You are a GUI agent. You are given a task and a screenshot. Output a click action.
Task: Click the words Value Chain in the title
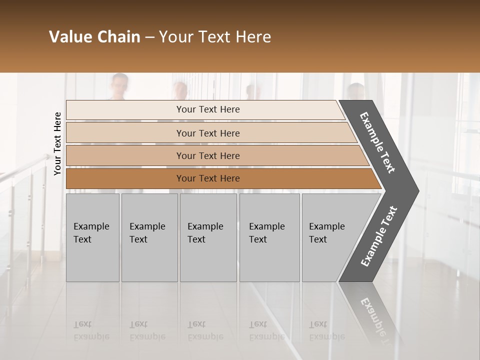(x=94, y=37)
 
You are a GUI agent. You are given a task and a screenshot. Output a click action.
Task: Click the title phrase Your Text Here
(x=215, y=37)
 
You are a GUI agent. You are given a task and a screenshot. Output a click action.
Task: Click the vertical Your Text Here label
(x=57, y=143)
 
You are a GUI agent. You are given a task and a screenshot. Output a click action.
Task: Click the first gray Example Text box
(x=92, y=237)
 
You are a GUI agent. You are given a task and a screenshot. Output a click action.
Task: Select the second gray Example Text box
(x=149, y=237)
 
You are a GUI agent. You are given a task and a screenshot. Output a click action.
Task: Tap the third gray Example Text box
(x=208, y=237)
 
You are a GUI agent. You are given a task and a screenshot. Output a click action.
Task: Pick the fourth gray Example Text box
(x=269, y=237)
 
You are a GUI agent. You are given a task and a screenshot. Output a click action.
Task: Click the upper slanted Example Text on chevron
(x=377, y=143)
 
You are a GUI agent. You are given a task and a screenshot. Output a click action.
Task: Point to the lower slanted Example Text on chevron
(x=379, y=236)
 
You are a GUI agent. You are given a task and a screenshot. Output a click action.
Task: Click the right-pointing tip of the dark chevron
(x=417, y=190)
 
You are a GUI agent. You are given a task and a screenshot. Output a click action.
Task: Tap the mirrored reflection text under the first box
(x=91, y=330)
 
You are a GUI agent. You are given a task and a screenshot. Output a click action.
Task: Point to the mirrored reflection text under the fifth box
(x=326, y=330)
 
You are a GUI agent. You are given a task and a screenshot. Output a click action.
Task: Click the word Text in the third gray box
(x=196, y=239)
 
